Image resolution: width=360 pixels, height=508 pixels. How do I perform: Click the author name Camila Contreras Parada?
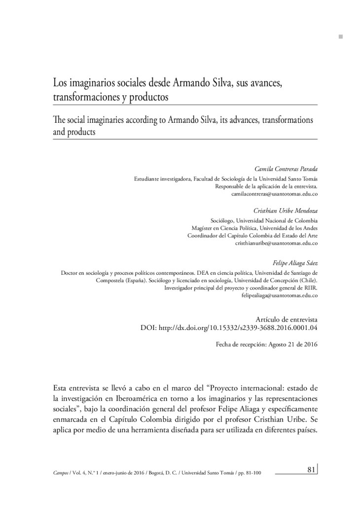click(288, 169)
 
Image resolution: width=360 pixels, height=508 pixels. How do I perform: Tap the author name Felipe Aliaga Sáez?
click(295, 263)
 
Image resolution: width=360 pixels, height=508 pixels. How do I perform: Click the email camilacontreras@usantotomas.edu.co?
click(274, 195)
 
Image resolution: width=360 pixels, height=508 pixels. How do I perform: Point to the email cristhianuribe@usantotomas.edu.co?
click(276, 243)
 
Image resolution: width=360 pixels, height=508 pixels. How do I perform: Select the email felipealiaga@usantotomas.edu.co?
click(279, 295)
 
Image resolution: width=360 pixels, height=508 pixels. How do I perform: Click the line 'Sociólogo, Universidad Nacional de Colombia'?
click(263, 220)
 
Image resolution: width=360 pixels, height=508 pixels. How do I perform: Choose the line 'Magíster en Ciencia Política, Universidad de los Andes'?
click(254, 228)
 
